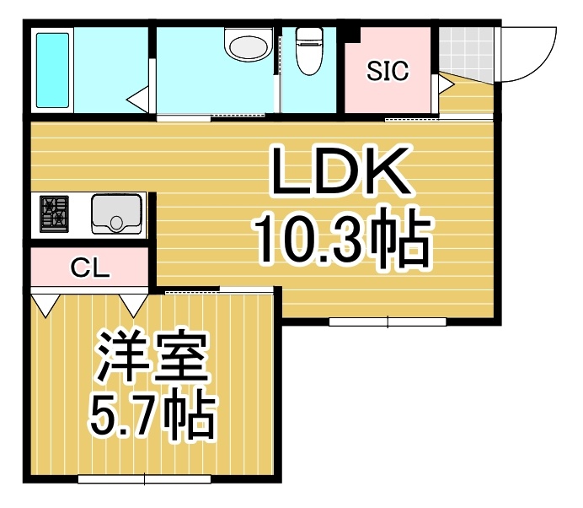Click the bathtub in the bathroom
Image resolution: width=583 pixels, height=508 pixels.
52,70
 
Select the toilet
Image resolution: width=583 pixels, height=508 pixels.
309,51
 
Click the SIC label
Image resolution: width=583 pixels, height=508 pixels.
388,71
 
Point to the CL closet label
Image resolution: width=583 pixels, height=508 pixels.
90,268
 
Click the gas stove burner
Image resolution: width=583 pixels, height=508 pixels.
54,214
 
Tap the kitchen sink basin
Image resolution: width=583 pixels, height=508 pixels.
117,214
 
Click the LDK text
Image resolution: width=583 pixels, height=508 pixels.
340,171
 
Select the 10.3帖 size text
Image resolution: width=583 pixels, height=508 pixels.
342,237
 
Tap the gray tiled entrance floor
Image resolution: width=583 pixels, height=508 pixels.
466,54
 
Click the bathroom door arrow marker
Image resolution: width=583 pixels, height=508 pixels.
136,100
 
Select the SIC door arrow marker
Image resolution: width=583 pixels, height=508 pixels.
447,85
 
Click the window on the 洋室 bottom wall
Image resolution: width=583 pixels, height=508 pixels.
144,478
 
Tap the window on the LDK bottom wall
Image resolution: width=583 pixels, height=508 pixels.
388,322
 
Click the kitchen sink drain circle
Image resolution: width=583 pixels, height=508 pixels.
116,223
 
